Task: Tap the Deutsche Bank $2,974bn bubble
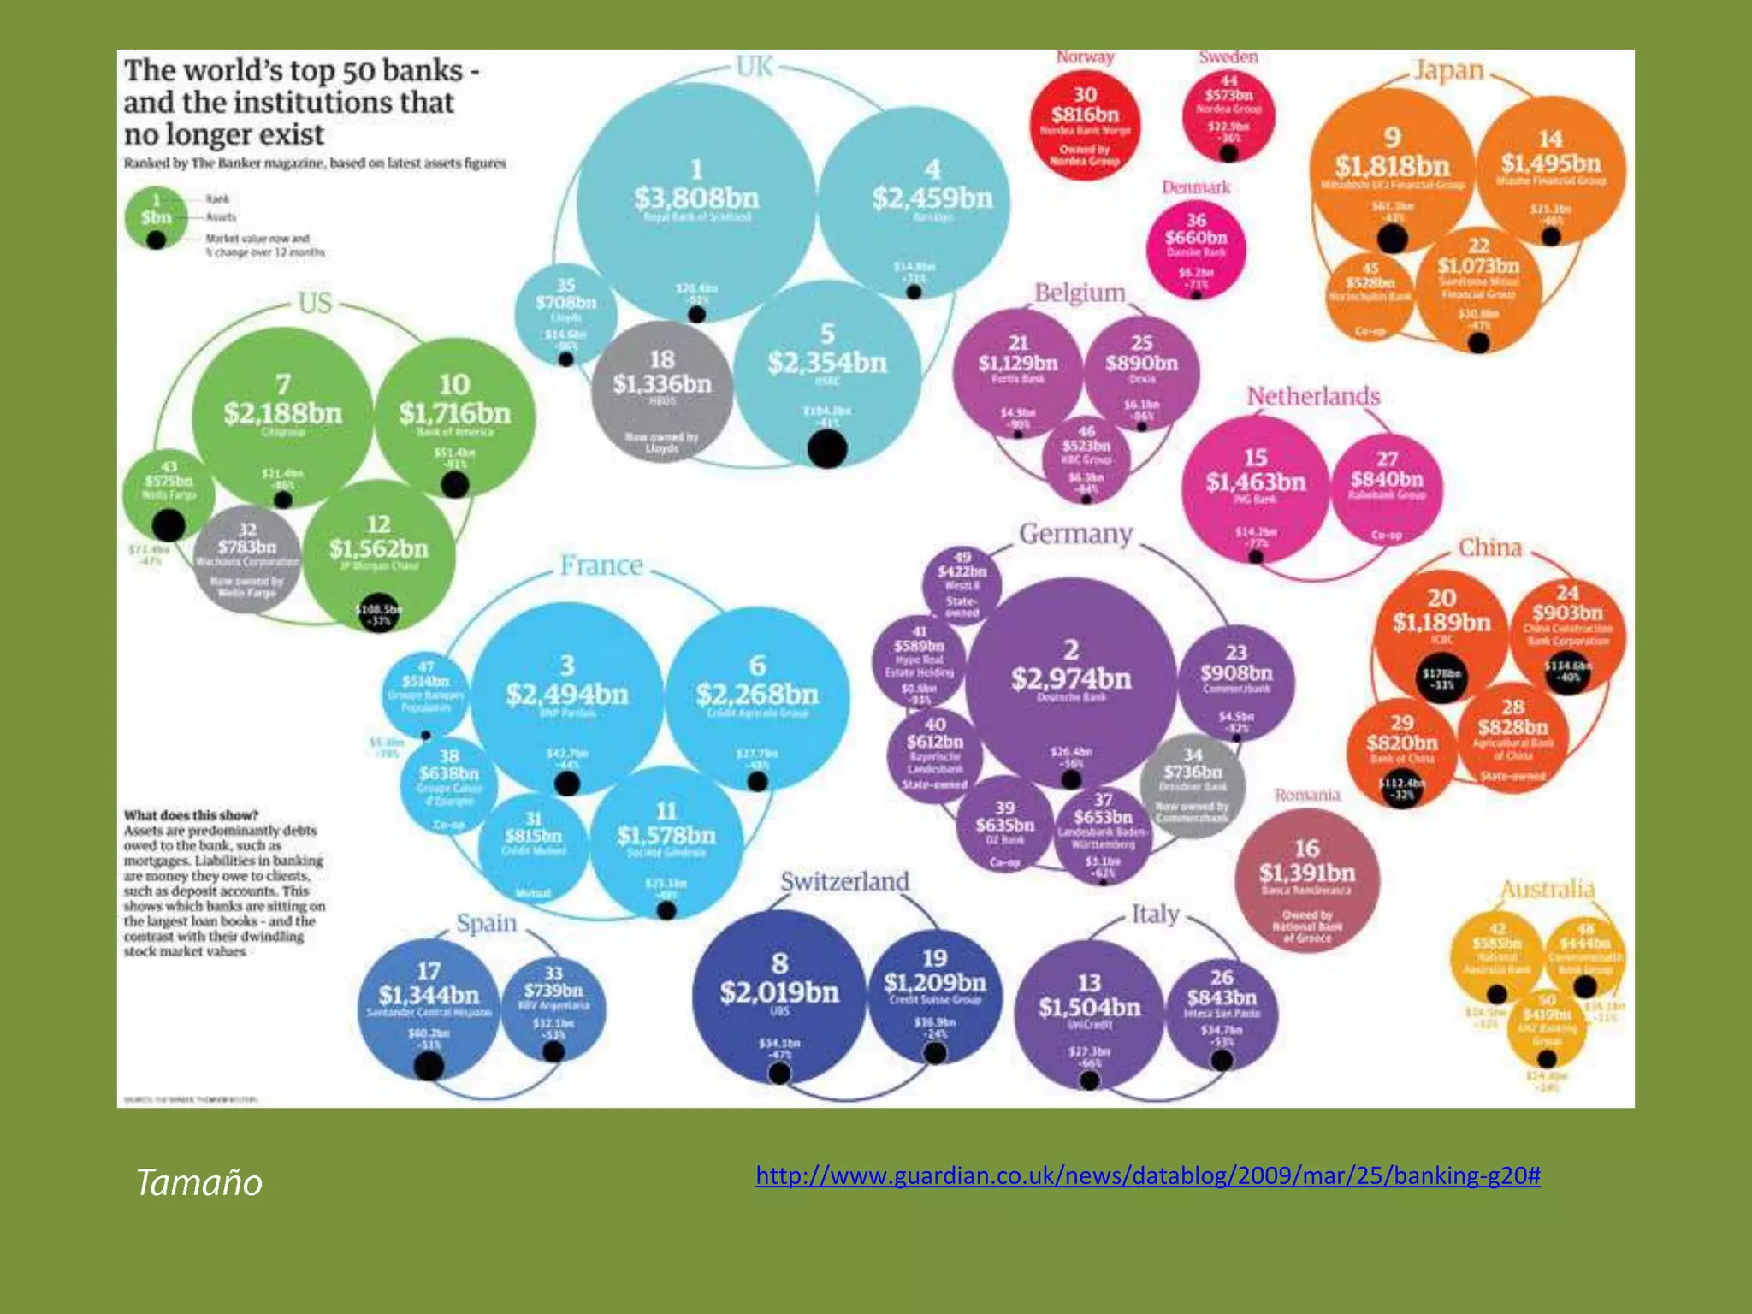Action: click(x=1070, y=680)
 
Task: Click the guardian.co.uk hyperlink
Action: click(x=1147, y=1175)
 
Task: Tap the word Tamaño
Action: click(x=198, y=1182)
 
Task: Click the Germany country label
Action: click(x=1075, y=534)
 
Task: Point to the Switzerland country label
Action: click(x=844, y=881)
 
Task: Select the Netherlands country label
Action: click(x=1313, y=396)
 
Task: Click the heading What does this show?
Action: click(x=191, y=815)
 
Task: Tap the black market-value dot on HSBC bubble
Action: click(x=827, y=448)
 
